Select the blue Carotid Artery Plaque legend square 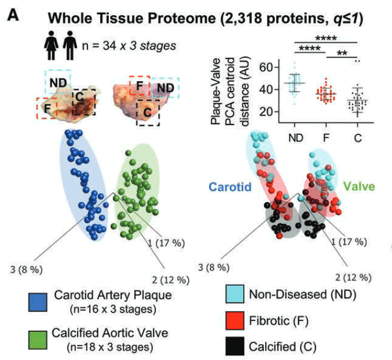(x=38, y=301)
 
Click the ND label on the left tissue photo (x=58, y=83)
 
